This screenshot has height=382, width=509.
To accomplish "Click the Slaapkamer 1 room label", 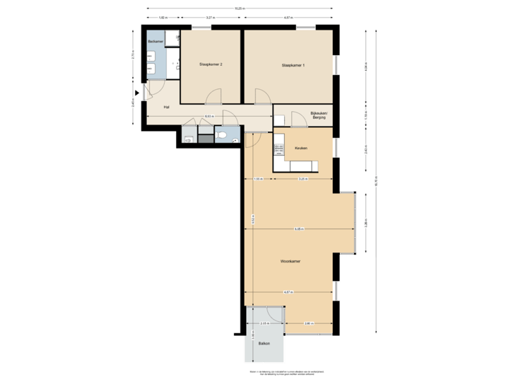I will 293,65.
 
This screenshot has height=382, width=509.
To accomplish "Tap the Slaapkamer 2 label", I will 211,64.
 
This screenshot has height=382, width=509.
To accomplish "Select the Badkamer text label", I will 156,42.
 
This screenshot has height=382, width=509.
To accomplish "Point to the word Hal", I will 166,107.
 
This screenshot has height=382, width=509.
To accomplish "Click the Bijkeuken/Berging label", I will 319,115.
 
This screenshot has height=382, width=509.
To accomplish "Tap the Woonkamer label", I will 291,261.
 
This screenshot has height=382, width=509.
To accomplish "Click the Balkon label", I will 264,343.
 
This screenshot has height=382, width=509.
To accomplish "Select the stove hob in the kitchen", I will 279,149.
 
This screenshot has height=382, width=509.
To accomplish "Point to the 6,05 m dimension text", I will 299,228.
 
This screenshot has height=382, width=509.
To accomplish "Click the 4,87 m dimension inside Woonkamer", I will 288,291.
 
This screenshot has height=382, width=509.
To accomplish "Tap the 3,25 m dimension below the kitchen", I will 302,179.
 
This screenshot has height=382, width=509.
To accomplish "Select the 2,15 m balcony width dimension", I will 264,323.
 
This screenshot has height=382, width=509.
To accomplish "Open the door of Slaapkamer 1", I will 262,96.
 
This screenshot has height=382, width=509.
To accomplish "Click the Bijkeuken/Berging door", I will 298,120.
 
